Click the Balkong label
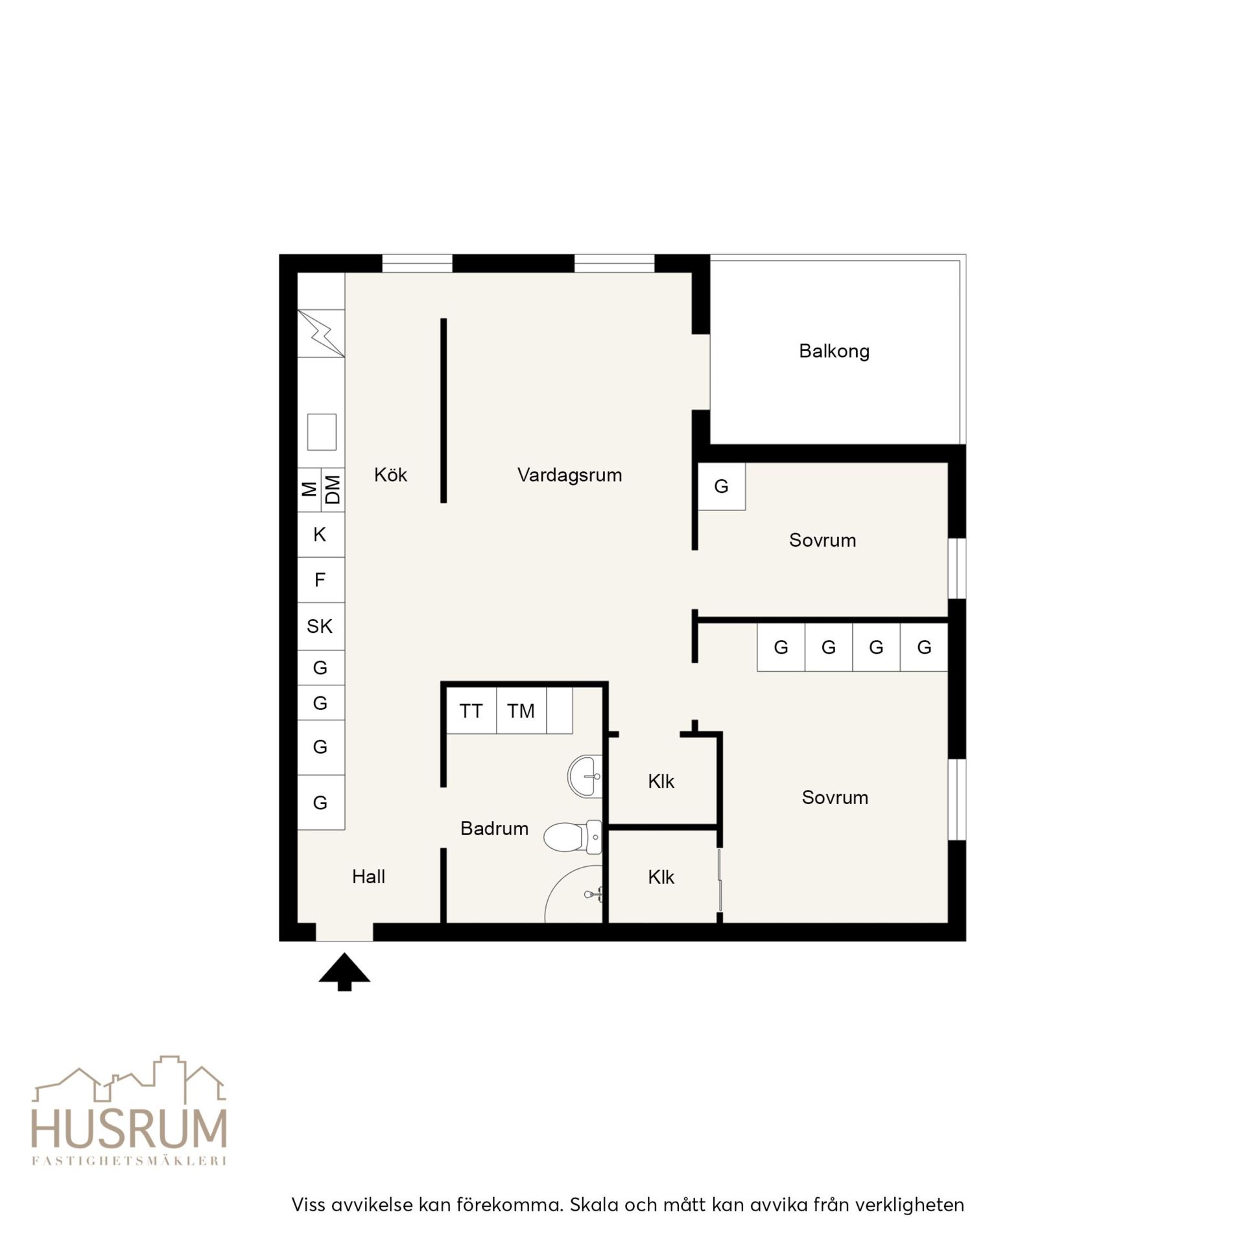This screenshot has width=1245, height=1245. [x=834, y=351]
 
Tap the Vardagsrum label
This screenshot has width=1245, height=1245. [x=569, y=475]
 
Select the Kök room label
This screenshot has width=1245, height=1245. [x=390, y=475]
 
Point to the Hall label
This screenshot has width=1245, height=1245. [x=368, y=877]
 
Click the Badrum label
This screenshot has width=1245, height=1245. [x=494, y=828]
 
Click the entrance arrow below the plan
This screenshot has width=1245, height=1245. [x=344, y=971]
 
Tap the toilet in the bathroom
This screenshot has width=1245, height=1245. [x=573, y=836]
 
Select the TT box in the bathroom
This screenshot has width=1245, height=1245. [x=471, y=711]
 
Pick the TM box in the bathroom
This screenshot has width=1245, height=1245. [x=521, y=711]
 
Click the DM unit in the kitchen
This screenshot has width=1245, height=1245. [x=333, y=490]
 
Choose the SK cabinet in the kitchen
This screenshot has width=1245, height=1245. [x=321, y=626]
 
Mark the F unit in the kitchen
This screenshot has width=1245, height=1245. [x=321, y=580]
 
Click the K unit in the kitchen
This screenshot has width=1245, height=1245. [x=321, y=535]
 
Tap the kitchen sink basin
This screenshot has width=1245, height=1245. [x=322, y=432]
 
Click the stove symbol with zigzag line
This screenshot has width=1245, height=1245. [x=321, y=333]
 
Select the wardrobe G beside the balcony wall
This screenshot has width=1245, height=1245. [x=722, y=486]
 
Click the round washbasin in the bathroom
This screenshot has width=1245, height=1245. [x=586, y=776]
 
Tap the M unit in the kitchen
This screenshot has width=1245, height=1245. [x=310, y=490]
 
